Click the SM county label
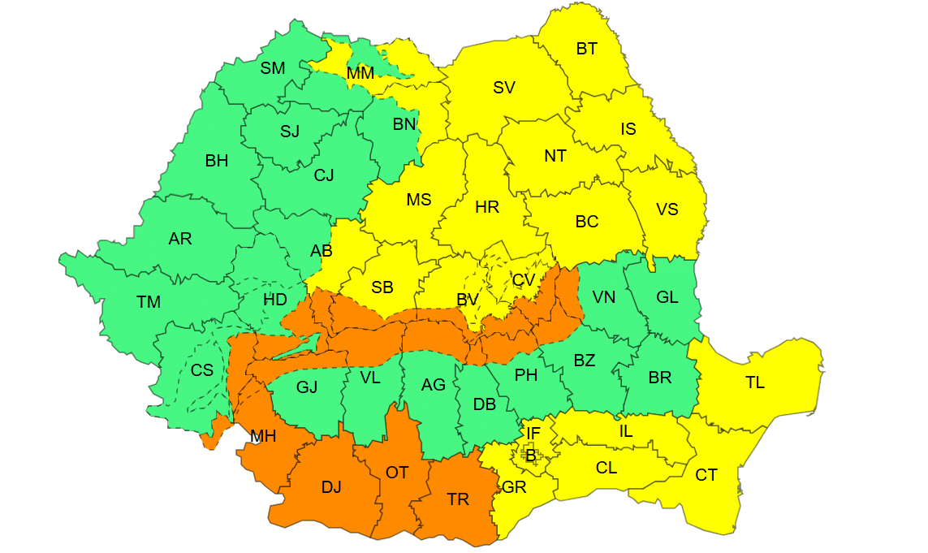pos(273,68)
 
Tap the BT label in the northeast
pos(587,49)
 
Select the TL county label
pos(755,382)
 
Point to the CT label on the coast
pos(706,475)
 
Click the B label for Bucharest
pos(531,456)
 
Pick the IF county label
pos(533,434)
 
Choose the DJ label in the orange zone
pos(331,487)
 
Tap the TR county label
pos(458,499)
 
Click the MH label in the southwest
pos(263,437)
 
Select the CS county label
pos(202,370)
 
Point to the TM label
pos(149,302)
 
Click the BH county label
pos(217,161)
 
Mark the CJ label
pos(324,175)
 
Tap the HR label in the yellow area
pos(487,207)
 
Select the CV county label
pos(524,280)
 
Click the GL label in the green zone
pos(667,297)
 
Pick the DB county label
pos(485,404)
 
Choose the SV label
pos(504,88)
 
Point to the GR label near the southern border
pos(514,487)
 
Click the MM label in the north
pos(360,73)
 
